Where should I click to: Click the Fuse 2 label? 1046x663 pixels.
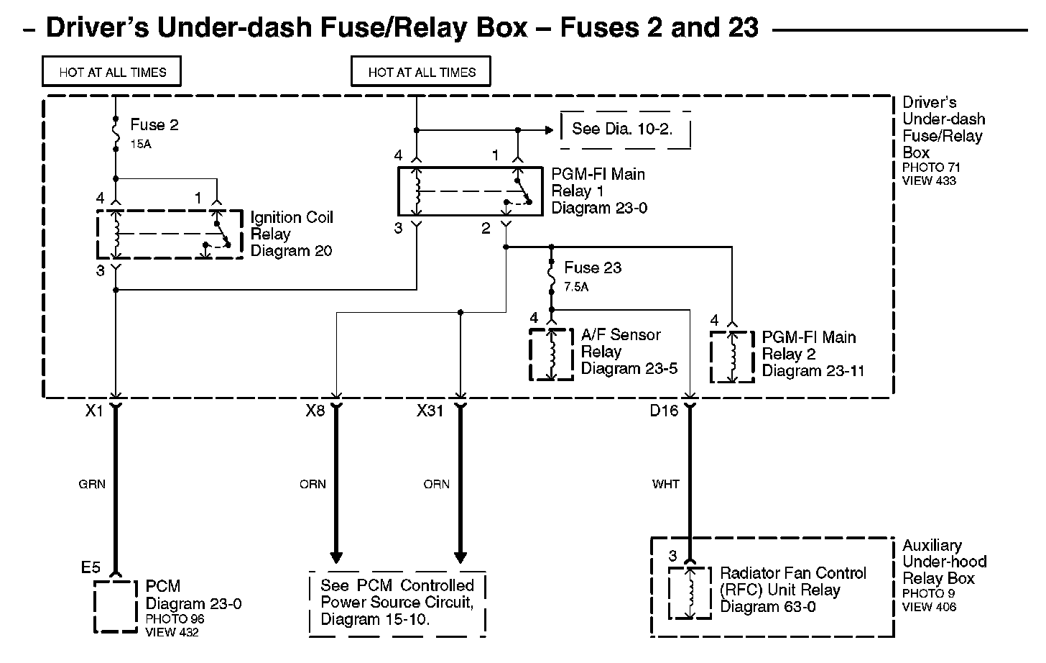click(154, 125)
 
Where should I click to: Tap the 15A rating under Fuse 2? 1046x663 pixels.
click(141, 144)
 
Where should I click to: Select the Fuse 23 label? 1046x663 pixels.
click(592, 268)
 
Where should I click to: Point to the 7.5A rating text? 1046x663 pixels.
click(577, 287)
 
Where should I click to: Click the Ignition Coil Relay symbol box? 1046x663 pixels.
click(170, 234)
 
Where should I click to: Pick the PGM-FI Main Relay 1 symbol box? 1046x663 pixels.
click(470, 191)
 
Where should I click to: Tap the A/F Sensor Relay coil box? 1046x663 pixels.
click(552, 354)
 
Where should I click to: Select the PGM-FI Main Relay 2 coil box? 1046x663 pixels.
click(732, 357)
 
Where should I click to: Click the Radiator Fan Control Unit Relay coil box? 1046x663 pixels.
click(690, 593)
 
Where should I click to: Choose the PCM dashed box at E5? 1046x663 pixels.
click(115, 606)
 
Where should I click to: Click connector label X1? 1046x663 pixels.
click(95, 412)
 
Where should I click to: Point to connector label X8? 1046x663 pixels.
click(315, 412)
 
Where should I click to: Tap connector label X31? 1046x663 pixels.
click(431, 412)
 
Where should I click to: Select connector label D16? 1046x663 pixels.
click(664, 412)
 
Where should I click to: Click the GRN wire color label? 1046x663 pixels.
click(92, 484)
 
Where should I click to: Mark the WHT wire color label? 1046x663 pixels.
click(666, 484)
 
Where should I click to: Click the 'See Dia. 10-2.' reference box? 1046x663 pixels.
click(625, 129)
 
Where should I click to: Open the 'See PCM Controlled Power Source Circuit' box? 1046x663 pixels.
click(397, 603)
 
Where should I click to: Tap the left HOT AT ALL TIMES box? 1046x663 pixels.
click(112, 72)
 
